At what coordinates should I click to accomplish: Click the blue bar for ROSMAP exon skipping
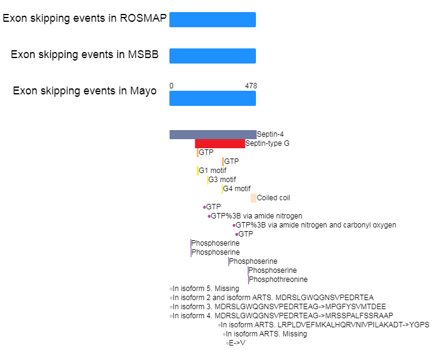tap(212, 20)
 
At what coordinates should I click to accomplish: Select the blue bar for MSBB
tap(212, 56)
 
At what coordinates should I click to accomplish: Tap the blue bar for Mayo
tap(212, 99)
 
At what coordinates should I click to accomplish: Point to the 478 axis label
tap(251, 86)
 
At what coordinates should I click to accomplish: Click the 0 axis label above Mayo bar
tap(171, 86)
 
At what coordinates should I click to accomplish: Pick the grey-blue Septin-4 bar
tap(213, 134)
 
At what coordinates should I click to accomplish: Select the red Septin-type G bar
tap(220, 143)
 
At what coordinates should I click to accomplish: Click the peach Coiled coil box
tap(253, 198)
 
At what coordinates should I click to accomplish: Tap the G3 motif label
tap(222, 180)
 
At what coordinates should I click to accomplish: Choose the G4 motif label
tap(237, 189)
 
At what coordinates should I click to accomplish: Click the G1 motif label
tap(212, 171)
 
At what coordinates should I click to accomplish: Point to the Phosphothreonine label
tap(278, 280)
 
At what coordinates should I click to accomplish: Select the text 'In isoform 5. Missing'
tap(206, 289)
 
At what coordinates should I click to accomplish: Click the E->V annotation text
tap(237, 343)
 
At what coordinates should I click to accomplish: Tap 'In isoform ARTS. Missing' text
tap(267, 334)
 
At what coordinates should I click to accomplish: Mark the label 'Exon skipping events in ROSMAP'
tap(85, 18)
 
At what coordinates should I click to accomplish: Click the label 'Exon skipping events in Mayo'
tap(85, 91)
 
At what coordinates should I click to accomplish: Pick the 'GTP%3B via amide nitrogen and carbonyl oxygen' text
tap(316, 225)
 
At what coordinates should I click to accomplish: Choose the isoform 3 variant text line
tap(279, 307)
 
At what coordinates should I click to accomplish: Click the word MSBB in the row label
tap(143, 54)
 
